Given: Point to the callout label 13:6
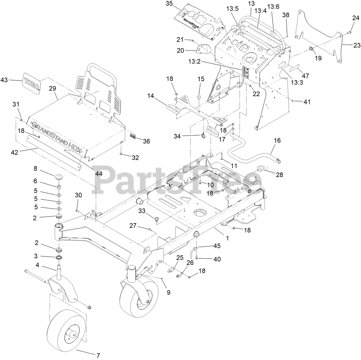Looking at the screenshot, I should pos(273,6).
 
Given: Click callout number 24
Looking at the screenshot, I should pos(356,18).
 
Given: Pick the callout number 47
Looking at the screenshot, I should pos(306,76).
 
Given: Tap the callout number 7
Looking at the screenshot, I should pos(98,355).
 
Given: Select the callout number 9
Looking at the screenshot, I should pos(168,292).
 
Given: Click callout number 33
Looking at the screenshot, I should pos(142,211).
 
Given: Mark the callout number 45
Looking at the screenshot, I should pos(217,246).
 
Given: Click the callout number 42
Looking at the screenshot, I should pos(14,152).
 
